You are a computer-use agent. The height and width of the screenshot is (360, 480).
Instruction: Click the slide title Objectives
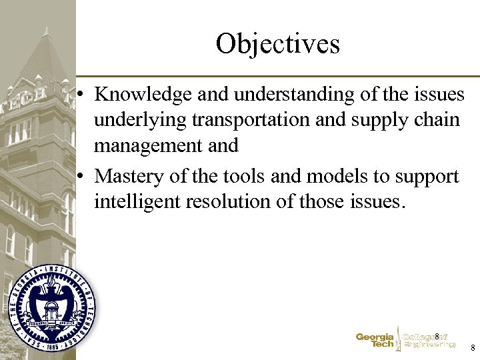277,44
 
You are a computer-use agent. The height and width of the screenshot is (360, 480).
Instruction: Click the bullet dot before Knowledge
80,95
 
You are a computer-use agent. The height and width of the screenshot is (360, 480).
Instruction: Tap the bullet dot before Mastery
80,177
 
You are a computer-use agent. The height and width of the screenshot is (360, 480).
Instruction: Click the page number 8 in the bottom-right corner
472,348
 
